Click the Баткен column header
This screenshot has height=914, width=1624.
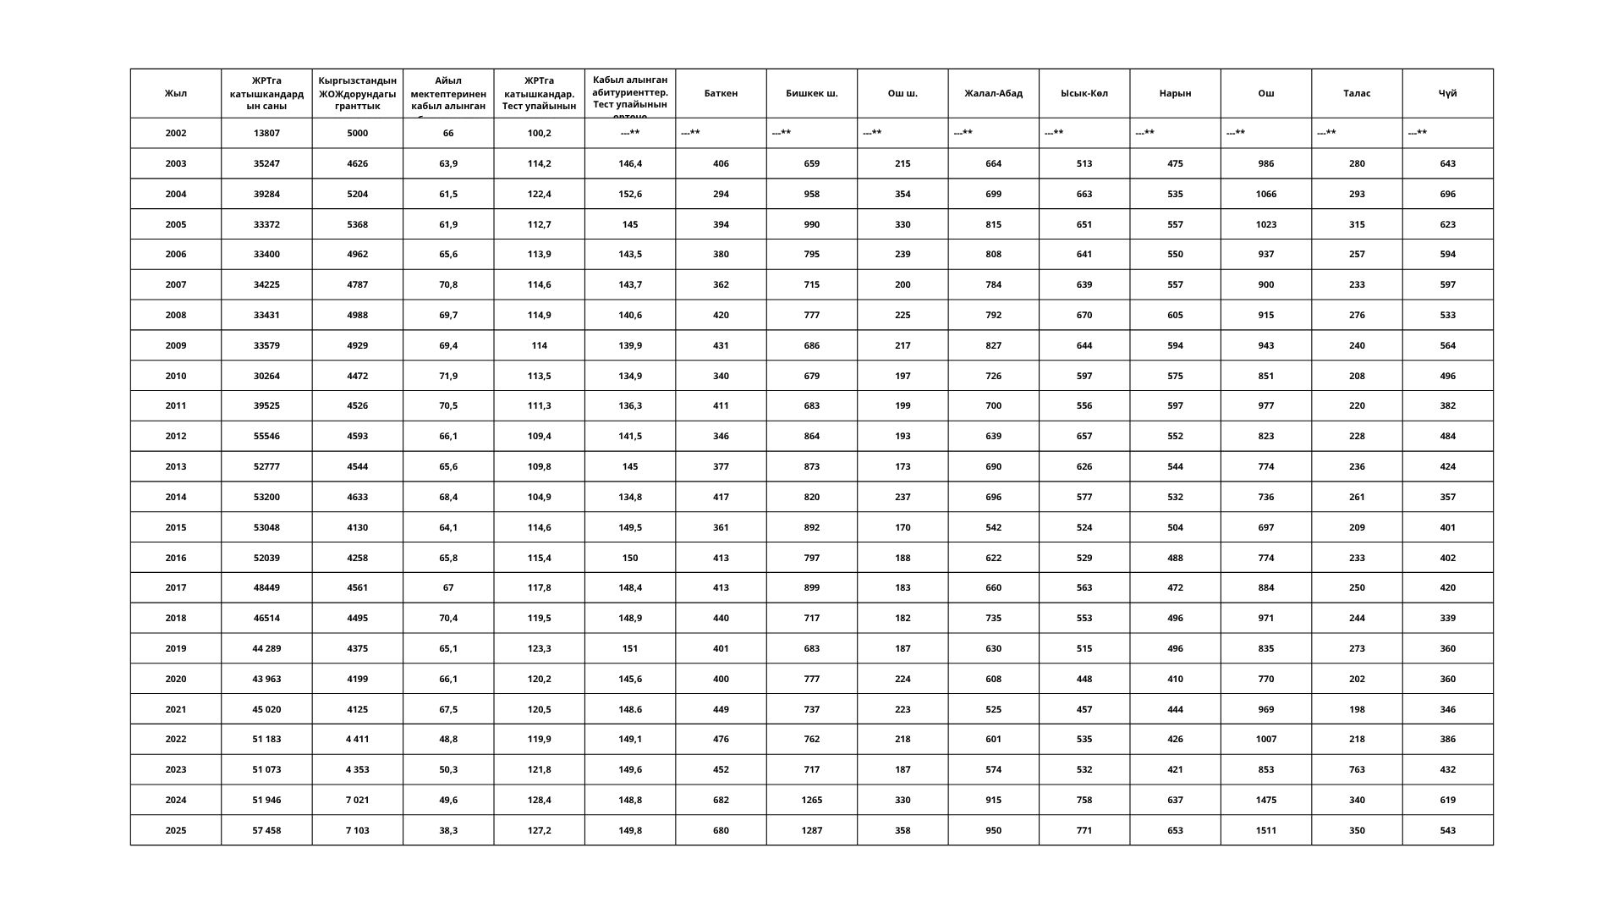click(721, 93)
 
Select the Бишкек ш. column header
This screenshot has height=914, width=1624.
click(811, 93)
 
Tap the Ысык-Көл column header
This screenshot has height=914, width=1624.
click(1084, 93)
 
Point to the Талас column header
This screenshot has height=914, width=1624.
click(1357, 93)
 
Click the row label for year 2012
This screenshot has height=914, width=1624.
click(175, 436)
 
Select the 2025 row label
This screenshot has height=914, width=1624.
click(175, 830)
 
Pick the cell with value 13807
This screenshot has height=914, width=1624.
click(266, 133)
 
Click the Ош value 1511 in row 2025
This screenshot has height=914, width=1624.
click(1265, 830)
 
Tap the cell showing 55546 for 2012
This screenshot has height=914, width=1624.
click(266, 436)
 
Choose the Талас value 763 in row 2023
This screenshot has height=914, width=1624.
click(1357, 769)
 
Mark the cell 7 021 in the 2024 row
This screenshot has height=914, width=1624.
click(357, 800)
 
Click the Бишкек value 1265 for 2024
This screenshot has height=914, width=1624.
click(811, 800)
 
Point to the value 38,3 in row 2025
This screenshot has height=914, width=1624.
click(448, 830)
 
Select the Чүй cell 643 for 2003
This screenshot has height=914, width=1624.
click(1447, 163)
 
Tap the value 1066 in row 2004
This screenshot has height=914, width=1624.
click(1265, 194)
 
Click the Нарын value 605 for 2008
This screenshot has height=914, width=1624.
click(1175, 315)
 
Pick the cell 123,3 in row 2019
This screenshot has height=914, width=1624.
click(539, 648)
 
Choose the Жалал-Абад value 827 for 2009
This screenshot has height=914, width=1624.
click(993, 345)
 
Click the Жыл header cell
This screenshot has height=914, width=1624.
click(175, 93)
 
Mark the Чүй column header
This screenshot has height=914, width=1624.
click(1447, 93)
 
